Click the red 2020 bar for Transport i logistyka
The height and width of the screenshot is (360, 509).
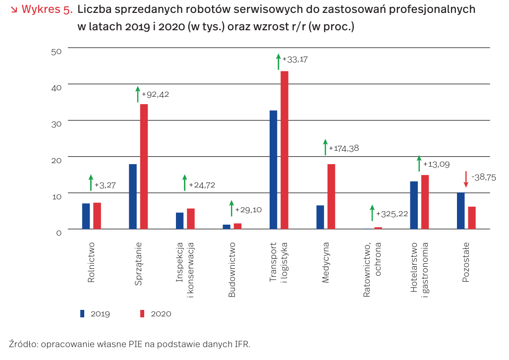[x=284, y=150]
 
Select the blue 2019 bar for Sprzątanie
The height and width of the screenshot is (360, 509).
[x=133, y=196]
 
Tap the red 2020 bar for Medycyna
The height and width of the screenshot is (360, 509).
[x=331, y=196]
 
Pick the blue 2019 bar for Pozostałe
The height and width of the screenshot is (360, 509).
[x=461, y=211]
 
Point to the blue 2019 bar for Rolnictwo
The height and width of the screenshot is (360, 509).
[x=86, y=216]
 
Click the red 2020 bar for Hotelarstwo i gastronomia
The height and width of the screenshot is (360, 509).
[x=425, y=202]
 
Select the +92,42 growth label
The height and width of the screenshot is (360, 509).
[x=155, y=94]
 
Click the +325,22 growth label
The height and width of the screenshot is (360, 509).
[x=392, y=214]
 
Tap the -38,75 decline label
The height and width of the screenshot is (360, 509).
[x=484, y=177]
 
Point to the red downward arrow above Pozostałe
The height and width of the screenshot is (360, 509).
[x=466, y=179]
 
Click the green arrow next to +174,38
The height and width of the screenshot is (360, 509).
[x=326, y=147]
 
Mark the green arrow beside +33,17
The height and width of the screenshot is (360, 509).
[x=279, y=61]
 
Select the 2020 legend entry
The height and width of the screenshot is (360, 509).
[x=156, y=313]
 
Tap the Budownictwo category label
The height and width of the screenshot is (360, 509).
[x=232, y=270]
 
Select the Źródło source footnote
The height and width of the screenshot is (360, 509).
[x=130, y=344]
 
